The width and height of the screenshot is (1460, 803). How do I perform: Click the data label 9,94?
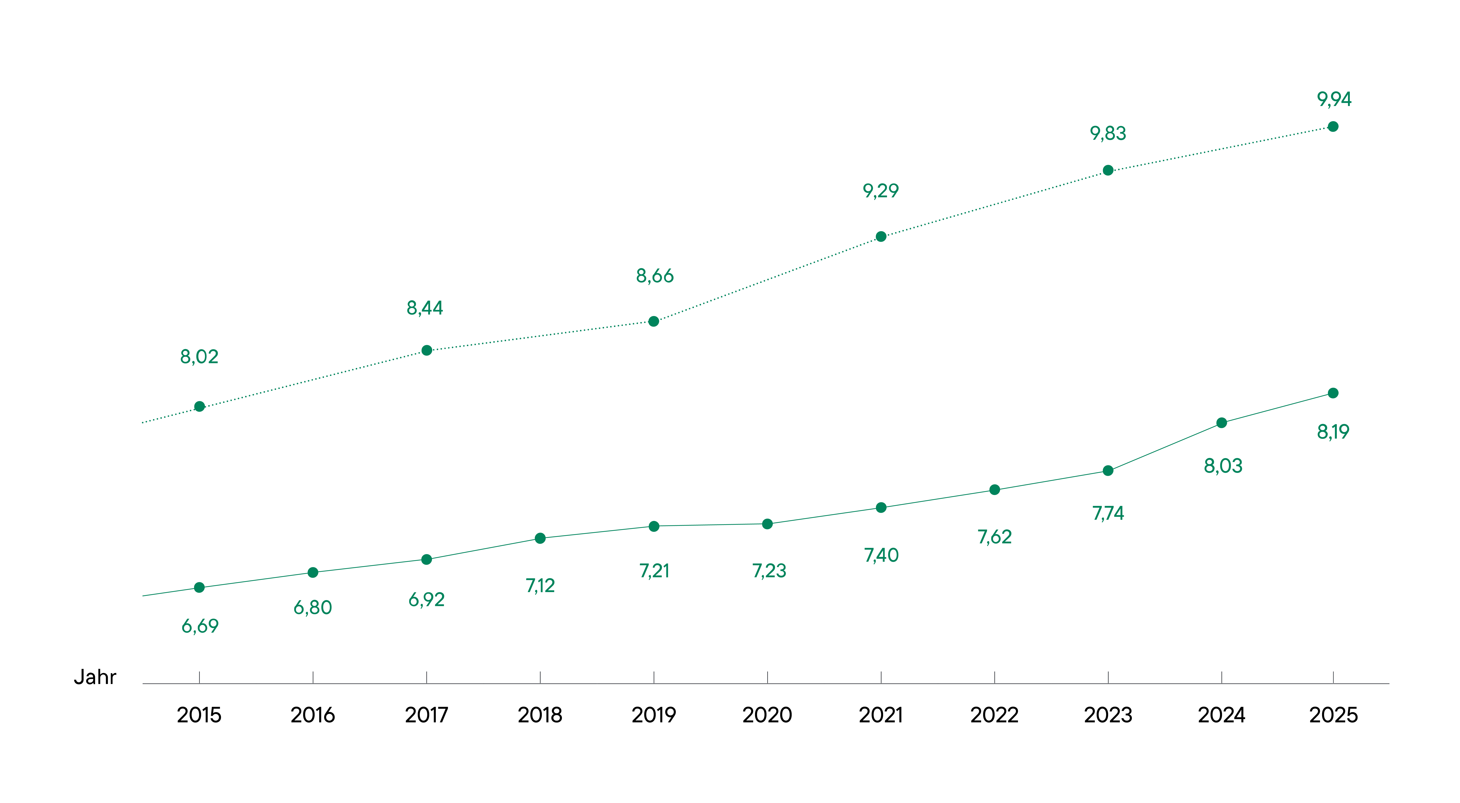(x=1334, y=100)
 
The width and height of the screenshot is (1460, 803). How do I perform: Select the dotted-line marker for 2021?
(x=881, y=236)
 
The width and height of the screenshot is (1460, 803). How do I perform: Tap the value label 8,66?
(x=655, y=276)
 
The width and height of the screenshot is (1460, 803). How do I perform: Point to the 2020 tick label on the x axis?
(x=767, y=715)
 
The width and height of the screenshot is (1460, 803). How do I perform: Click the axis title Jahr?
(x=95, y=677)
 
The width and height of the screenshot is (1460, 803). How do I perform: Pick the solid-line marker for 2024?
(x=1221, y=423)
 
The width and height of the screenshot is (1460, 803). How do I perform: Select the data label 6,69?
(x=199, y=626)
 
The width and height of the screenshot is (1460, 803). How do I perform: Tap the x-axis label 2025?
(x=1333, y=715)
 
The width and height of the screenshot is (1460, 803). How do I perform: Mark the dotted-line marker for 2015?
(x=199, y=406)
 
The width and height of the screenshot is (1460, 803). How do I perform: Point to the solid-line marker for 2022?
(x=994, y=490)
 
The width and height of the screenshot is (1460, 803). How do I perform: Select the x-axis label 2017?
(x=426, y=715)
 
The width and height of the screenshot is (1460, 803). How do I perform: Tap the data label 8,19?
(x=1333, y=432)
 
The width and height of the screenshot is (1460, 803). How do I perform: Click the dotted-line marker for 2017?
(x=427, y=350)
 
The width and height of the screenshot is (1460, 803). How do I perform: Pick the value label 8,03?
(x=1223, y=466)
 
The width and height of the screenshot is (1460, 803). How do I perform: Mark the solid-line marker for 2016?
(x=313, y=572)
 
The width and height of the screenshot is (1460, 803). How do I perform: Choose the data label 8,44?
(x=424, y=308)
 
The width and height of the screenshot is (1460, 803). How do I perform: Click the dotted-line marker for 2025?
(x=1333, y=126)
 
